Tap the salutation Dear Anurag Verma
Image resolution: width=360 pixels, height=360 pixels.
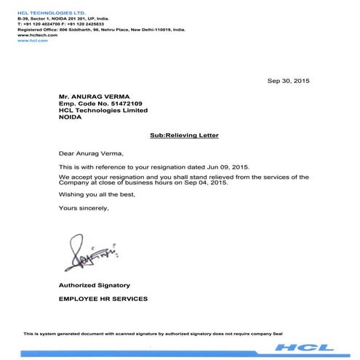tap(91, 153)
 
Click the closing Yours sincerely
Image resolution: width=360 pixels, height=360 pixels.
tap(84, 209)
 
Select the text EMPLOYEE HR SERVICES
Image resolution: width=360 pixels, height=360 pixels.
tap(103, 298)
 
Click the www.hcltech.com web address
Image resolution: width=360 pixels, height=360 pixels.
tap(31, 34)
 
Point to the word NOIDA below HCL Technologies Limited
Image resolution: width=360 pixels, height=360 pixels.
tap(72, 118)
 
